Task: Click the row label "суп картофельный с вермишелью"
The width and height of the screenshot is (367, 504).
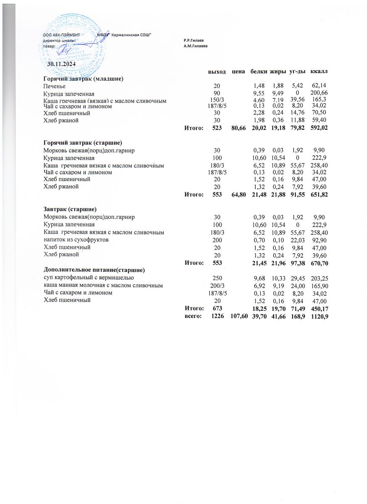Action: [x=89, y=278]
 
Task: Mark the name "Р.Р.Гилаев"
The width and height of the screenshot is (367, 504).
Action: [x=193, y=40]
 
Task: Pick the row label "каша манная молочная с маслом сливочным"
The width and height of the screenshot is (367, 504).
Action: [x=103, y=286]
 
